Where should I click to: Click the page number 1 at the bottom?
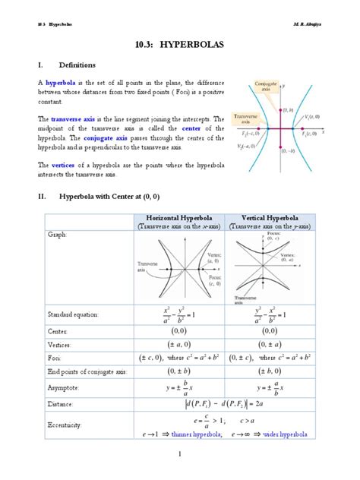point(180,454)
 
